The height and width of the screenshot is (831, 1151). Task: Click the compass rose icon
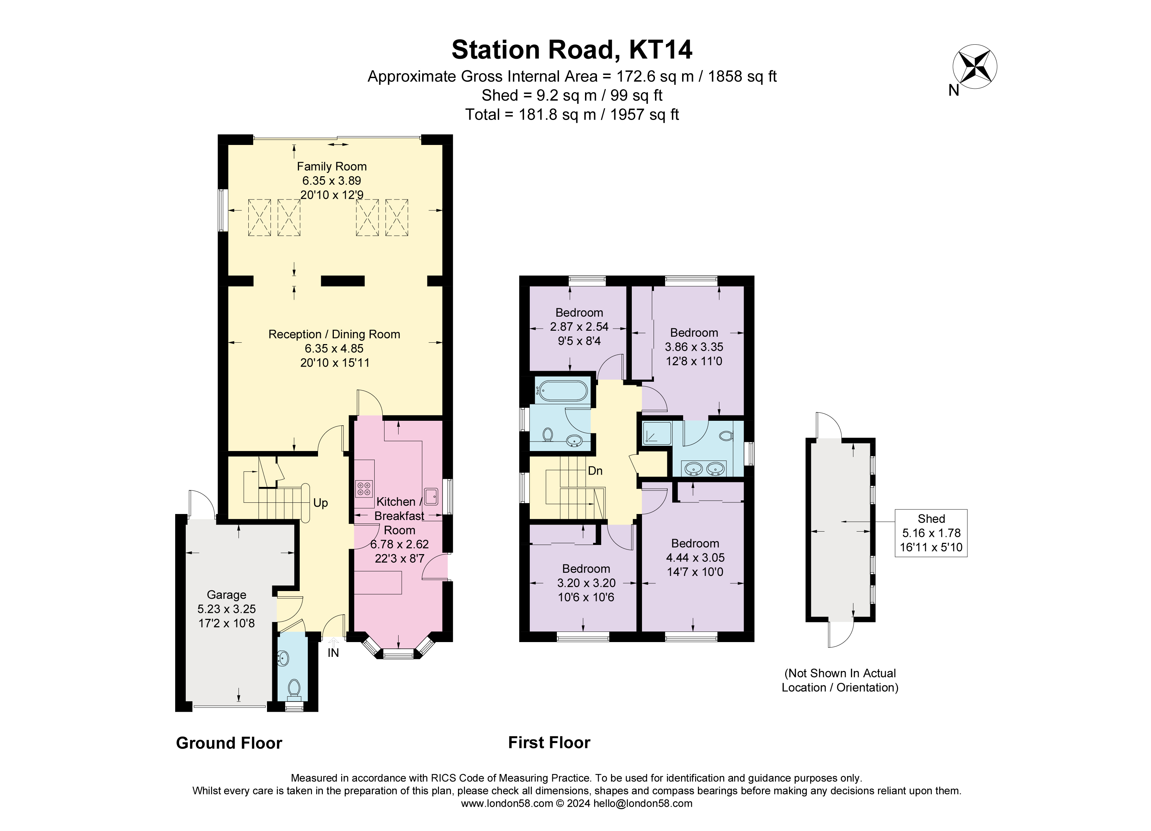coord(974,66)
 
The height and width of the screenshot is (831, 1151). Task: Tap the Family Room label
coord(331,166)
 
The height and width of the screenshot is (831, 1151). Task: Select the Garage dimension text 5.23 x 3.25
coord(226,609)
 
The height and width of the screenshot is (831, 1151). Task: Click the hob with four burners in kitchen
coord(364,489)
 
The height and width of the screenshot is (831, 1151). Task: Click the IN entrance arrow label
coord(333,653)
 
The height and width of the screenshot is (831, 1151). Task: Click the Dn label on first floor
coord(595,471)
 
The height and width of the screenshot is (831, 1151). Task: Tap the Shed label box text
coord(931,519)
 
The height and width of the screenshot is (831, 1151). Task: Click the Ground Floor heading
coord(229,743)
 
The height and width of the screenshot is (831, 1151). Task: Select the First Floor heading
coord(549,743)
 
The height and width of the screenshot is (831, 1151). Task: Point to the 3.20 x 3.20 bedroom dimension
coord(586,583)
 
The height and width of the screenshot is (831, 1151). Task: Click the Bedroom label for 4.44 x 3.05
coord(695,543)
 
